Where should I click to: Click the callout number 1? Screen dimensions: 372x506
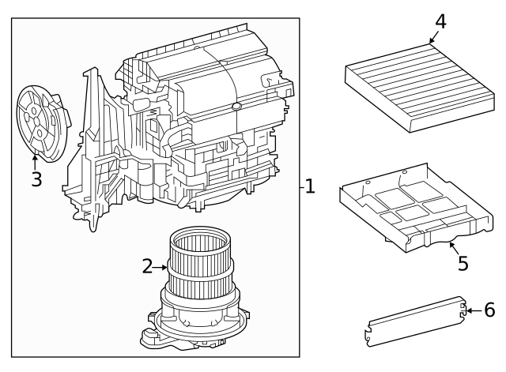(x=310, y=186)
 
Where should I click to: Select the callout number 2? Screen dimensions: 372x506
(x=147, y=266)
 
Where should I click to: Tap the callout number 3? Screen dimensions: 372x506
(x=36, y=179)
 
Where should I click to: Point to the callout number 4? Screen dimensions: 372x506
(x=440, y=21)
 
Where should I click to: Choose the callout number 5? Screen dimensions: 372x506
(x=463, y=262)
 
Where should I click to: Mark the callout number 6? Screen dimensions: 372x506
(x=489, y=310)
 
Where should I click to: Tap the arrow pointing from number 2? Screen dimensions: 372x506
(x=160, y=267)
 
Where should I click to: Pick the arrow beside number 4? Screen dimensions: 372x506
(x=431, y=37)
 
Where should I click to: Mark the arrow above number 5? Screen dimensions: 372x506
(x=453, y=246)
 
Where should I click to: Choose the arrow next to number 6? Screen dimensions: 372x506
(x=472, y=311)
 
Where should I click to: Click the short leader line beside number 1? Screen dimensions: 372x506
(x=301, y=187)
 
